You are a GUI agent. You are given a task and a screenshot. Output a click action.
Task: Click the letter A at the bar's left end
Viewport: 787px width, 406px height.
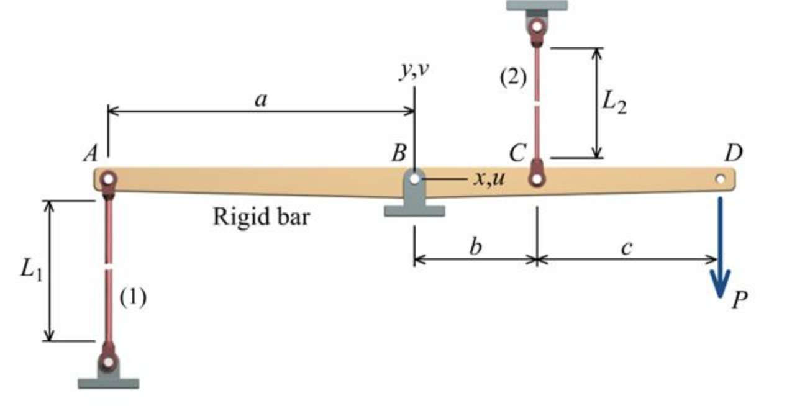(91, 153)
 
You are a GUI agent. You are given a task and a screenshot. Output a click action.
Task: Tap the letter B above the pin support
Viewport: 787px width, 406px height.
(399, 152)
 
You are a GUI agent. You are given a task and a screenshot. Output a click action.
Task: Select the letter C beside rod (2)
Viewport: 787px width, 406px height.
(517, 151)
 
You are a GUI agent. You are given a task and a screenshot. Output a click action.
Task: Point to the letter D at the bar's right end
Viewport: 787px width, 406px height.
(733, 152)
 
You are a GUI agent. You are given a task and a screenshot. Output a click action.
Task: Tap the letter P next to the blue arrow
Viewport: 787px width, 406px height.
(739, 300)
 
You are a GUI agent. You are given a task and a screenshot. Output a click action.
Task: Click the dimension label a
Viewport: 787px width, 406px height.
(261, 99)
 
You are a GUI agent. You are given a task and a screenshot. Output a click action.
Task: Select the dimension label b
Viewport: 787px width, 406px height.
(475, 246)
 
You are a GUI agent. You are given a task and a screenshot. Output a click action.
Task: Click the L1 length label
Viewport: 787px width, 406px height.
(31, 271)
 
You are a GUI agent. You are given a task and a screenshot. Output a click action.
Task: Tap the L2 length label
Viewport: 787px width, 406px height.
(614, 103)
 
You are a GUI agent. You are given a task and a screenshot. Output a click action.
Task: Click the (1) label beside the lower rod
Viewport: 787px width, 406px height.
(132, 298)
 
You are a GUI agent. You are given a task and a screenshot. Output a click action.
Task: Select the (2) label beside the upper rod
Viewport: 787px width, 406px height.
(513, 78)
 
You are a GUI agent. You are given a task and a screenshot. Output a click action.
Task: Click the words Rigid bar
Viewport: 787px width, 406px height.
(261, 217)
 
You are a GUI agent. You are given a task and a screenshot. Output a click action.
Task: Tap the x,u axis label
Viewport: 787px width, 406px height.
(488, 179)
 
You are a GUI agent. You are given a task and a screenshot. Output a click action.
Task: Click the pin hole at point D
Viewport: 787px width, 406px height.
(719, 179)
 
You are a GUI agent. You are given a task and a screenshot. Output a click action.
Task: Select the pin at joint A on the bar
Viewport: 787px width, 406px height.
(108, 179)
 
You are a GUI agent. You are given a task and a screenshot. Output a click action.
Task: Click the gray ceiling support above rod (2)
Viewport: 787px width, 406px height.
(537, 5)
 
